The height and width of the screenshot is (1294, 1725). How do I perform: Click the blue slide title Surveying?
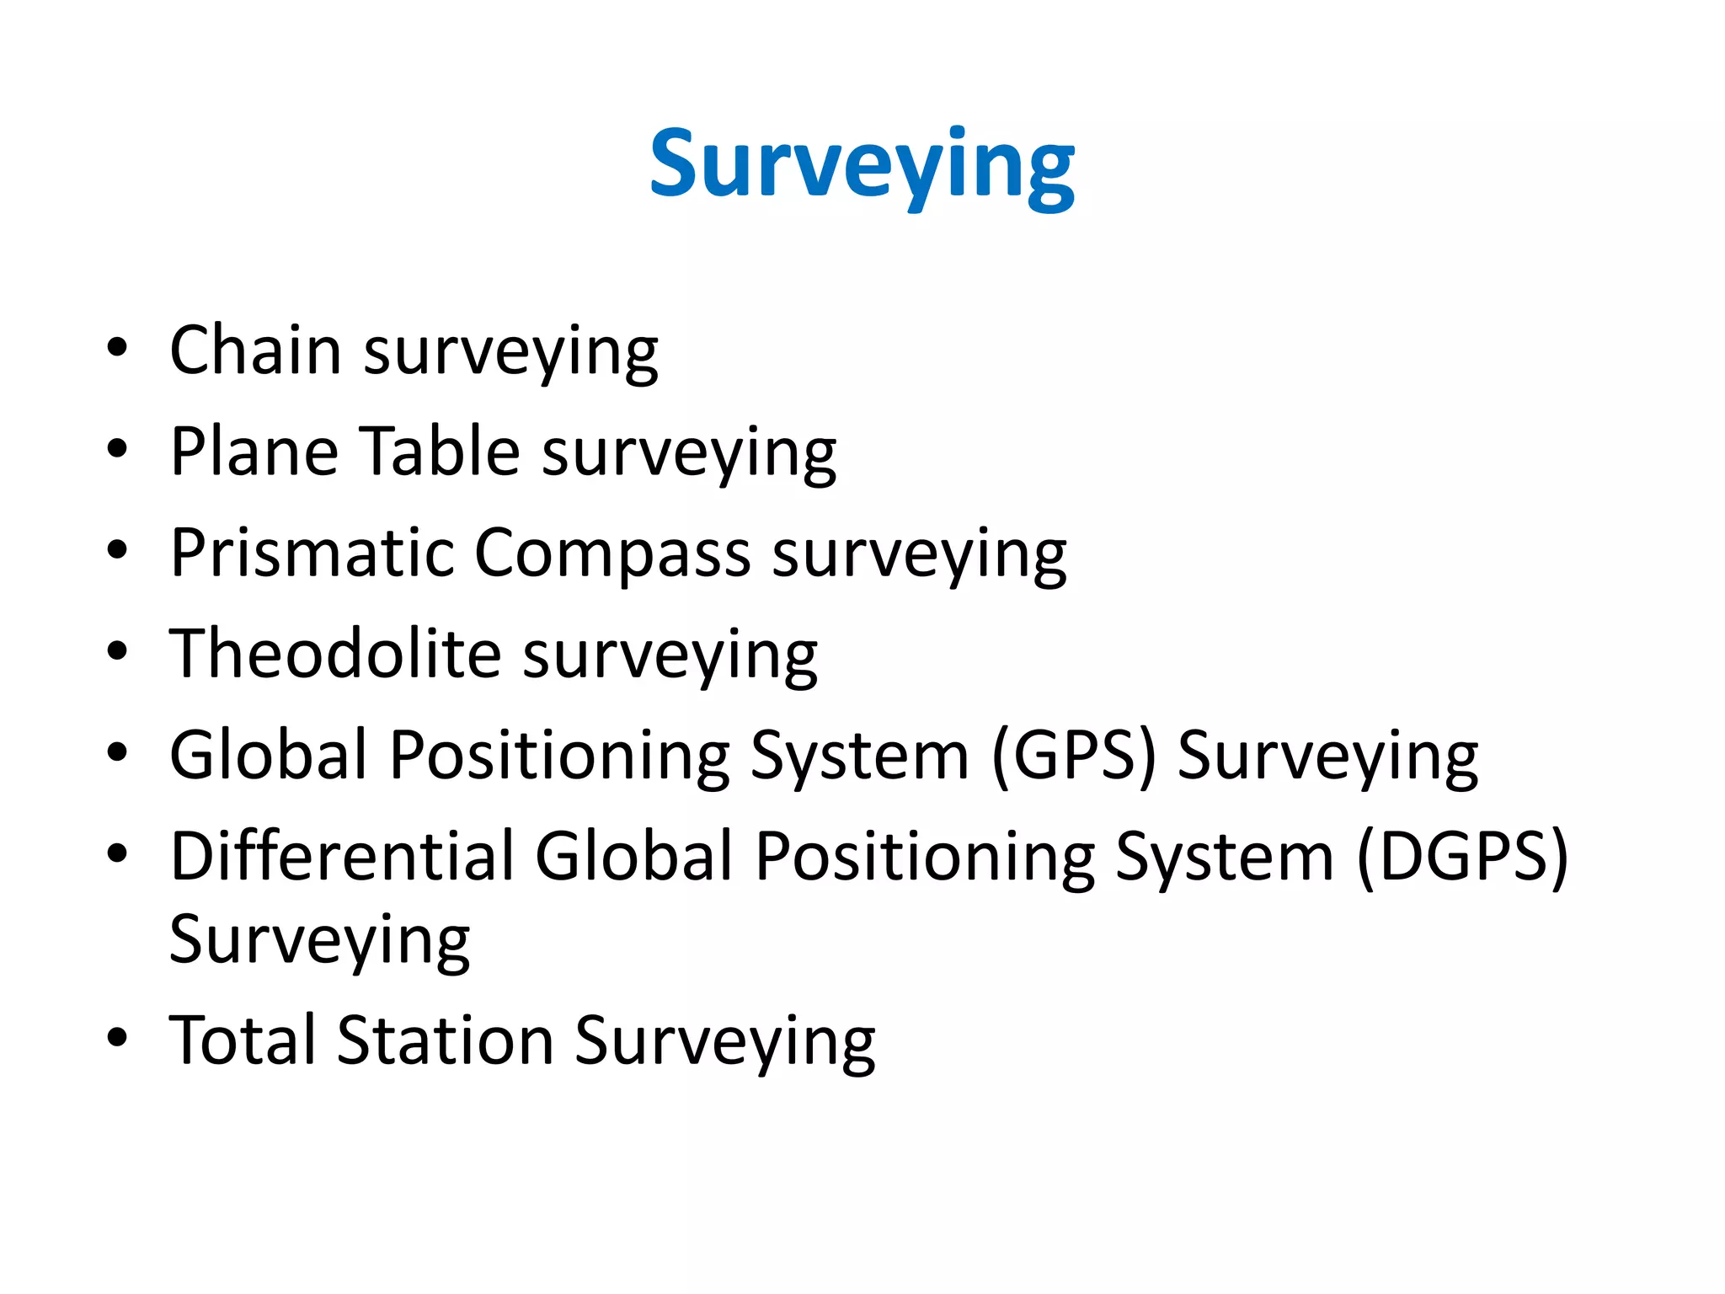(x=861, y=165)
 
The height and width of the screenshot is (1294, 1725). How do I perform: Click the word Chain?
(x=254, y=350)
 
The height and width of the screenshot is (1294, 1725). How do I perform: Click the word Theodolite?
(x=335, y=654)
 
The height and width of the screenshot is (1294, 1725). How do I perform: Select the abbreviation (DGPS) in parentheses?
(x=1462, y=857)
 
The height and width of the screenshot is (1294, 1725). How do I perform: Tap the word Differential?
(x=342, y=857)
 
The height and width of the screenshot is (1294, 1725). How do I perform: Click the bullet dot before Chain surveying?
(x=118, y=347)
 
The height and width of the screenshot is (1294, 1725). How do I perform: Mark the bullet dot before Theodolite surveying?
(x=118, y=650)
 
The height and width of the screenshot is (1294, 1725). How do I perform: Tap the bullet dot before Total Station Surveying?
(x=118, y=1038)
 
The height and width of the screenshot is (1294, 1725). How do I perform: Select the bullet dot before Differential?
(x=118, y=853)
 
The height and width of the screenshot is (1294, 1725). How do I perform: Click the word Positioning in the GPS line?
(x=559, y=757)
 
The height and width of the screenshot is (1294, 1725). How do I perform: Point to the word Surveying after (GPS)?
(x=1327, y=757)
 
